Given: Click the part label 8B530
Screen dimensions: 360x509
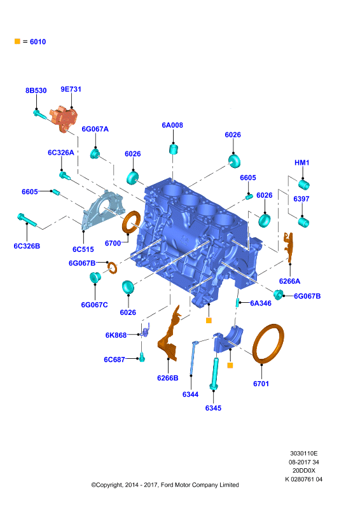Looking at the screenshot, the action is [x=36, y=90].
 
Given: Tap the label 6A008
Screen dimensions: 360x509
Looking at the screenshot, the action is [x=172, y=125].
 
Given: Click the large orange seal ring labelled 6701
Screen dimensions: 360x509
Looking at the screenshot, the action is [x=268, y=344].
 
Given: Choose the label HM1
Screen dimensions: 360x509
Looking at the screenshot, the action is [x=302, y=163].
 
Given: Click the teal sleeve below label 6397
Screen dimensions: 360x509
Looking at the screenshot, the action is [x=304, y=223].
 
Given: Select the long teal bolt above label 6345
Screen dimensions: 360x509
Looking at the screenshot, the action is [x=214, y=373].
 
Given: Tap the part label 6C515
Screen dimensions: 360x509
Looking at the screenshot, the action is [x=83, y=249].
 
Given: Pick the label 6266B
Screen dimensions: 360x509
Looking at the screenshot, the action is [x=168, y=378].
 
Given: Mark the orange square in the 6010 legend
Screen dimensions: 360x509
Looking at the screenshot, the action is [x=18, y=41].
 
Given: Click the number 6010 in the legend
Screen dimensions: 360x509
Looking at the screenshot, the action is [x=38, y=41].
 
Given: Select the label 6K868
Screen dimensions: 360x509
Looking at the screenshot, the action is [x=116, y=335].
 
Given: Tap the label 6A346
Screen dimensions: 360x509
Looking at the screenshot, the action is [x=261, y=303].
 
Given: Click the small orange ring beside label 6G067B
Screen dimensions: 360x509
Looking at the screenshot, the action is [x=113, y=267].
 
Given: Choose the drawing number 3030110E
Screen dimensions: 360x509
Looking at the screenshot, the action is [x=304, y=453].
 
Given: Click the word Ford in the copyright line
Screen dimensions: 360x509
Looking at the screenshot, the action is [x=167, y=485].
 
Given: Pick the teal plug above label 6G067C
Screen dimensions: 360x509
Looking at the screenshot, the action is [x=95, y=277].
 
